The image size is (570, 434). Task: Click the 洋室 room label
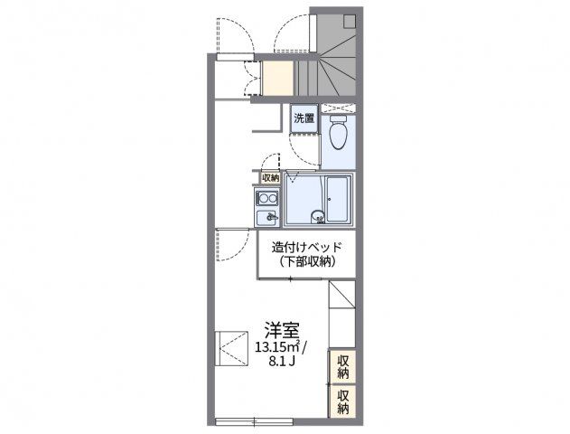(282, 330)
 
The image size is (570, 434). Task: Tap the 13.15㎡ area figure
(277, 347)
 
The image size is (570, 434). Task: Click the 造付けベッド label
(307, 248)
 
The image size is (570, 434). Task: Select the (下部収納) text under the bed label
(307, 262)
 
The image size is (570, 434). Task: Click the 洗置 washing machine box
(304, 118)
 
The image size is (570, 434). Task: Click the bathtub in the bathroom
(338, 199)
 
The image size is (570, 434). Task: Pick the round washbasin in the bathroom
(318, 217)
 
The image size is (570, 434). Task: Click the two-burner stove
(267, 199)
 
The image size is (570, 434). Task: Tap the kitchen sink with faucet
(267, 218)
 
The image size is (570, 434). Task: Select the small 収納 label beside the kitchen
(271, 178)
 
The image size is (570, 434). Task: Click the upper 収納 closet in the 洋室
(342, 367)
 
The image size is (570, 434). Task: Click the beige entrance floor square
(277, 79)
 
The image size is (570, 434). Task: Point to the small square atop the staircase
(350, 22)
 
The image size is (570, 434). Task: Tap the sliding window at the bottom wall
(254, 422)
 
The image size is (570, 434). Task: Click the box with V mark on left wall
(231, 348)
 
